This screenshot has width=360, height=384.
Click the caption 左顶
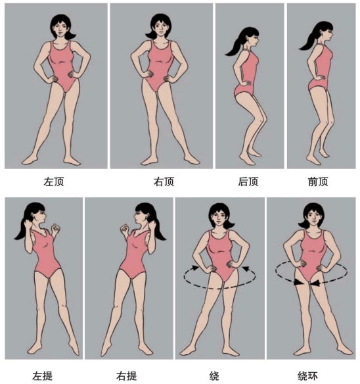point(54,182)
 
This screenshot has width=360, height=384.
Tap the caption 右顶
point(164,182)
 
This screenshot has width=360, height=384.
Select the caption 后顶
point(248,182)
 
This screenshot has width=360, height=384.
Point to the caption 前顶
point(318,182)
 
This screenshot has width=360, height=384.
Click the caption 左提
point(42,376)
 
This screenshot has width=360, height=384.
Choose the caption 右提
point(126,376)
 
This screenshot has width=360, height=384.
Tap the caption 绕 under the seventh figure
point(214,376)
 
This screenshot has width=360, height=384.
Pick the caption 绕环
point(307,376)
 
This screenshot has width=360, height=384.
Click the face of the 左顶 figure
point(60,29)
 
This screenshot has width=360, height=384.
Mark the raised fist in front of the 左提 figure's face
point(55,228)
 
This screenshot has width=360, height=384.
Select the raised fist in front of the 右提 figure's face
point(125,228)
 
